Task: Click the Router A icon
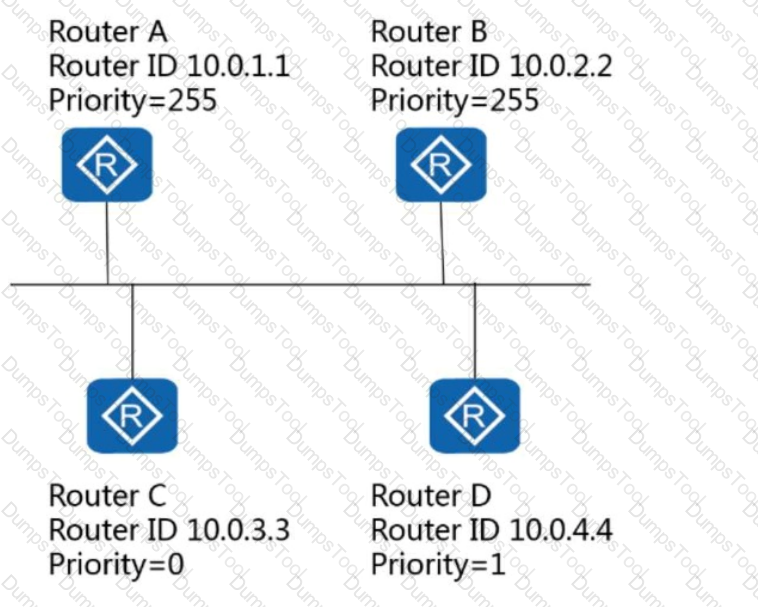point(107,164)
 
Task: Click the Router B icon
point(441,164)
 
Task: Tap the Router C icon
point(132,416)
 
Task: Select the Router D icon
point(475,416)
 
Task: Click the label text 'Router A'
point(108,32)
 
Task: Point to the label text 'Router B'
point(429,32)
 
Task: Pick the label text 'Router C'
point(108,496)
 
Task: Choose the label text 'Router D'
point(431,496)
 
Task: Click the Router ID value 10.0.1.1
point(238,66)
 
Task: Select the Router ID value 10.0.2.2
point(561,66)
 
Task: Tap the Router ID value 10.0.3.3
point(238,530)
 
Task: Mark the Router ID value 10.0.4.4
point(561,530)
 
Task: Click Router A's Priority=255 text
point(133,101)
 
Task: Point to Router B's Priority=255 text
point(455,101)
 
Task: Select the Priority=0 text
point(117,564)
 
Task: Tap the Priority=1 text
point(438,564)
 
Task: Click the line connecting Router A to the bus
point(107,243)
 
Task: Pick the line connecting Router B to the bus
point(442,243)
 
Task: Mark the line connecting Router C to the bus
point(132,332)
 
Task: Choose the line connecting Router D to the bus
point(475,332)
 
